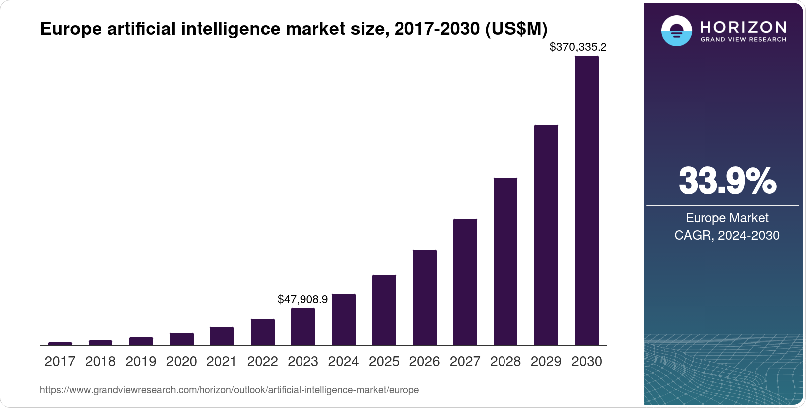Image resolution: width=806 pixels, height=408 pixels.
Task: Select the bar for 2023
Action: click(x=302, y=326)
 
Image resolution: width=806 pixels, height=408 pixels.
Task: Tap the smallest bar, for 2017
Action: click(x=60, y=343)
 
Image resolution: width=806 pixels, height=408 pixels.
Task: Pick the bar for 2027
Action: click(x=465, y=282)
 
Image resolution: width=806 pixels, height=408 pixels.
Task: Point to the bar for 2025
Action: click(x=384, y=310)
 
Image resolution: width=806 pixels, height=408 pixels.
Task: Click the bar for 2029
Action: click(x=546, y=235)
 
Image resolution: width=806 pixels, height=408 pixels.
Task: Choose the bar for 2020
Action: click(x=181, y=339)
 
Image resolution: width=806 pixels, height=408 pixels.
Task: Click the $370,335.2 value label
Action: click(x=578, y=47)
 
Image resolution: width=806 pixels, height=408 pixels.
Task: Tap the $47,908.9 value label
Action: click(x=302, y=299)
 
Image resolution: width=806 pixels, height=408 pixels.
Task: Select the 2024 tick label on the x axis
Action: click(x=343, y=362)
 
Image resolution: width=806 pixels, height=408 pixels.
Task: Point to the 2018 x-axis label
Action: click(x=100, y=362)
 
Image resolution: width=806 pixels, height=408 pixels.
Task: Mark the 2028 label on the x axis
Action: click(x=505, y=362)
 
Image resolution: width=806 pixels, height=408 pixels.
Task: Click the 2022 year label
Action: click(x=262, y=362)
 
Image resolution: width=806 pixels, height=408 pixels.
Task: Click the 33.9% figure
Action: click(x=727, y=181)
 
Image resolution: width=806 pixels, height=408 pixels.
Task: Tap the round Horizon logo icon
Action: click(x=676, y=31)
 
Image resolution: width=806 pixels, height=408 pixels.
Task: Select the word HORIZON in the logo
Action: click(x=743, y=27)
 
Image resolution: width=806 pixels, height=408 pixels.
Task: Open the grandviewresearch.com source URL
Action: click(x=229, y=390)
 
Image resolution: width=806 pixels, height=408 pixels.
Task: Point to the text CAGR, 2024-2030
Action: click(x=726, y=235)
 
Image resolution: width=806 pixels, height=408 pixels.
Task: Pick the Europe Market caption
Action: click(x=726, y=218)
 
